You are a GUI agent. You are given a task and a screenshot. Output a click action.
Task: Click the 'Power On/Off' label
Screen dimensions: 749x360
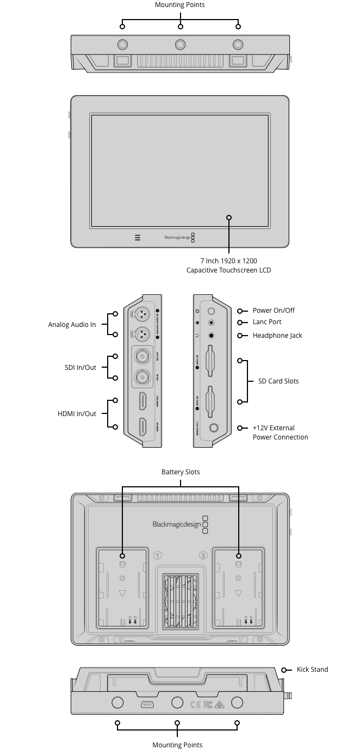click(274, 311)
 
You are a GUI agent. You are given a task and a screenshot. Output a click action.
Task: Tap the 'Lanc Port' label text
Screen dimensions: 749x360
click(267, 323)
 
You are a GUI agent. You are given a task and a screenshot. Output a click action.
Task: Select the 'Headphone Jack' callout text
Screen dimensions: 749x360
click(277, 336)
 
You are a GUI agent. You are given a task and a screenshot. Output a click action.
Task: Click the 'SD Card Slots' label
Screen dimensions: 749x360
click(278, 381)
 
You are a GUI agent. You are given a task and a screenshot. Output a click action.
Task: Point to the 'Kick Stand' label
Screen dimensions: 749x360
click(312, 670)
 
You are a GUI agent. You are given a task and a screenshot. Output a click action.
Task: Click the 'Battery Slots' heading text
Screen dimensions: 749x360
click(181, 472)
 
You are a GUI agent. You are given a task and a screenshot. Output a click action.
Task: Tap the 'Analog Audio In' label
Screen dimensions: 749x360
click(72, 325)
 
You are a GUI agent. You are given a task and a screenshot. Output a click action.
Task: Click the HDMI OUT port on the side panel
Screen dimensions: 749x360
click(143, 401)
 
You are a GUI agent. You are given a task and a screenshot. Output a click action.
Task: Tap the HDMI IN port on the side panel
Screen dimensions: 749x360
click(143, 428)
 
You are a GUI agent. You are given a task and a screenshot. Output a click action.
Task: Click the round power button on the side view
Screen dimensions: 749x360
click(211, 311)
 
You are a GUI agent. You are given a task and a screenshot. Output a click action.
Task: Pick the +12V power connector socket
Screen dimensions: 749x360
click(213, 428)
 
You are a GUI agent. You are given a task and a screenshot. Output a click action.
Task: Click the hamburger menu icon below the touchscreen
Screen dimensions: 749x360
click(138, 238)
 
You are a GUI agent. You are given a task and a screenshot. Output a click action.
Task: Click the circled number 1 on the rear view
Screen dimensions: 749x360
click(158, 555)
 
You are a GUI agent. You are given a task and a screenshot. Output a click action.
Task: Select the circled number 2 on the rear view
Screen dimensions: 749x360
click(203, 555)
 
